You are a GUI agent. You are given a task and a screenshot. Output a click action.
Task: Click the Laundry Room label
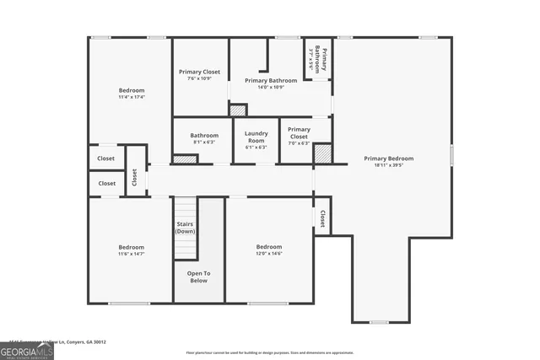coord(256,137)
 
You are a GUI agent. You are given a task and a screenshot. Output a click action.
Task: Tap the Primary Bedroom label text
coord(389,159)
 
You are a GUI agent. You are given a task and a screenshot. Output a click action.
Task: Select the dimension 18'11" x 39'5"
coord(389,165)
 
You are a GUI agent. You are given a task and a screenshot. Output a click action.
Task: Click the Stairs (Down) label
coord(186,228)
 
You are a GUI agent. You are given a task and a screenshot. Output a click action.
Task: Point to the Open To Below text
coord(198,277)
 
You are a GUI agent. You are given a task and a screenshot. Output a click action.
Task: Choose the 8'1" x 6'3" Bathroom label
coord(204,136)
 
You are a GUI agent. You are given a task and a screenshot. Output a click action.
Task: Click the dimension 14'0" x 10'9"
coord(270,88)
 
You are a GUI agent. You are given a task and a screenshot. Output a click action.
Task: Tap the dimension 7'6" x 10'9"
coord(199,79)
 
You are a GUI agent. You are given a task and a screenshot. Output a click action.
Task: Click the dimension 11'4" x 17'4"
coord(131,97)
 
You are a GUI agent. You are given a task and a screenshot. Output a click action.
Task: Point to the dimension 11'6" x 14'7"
coord(131,254)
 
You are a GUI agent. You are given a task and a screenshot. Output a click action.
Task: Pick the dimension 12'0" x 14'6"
coord(269,254)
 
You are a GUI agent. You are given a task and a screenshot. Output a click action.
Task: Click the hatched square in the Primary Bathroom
coord(238,110)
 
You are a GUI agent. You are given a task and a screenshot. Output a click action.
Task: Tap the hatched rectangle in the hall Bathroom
coord(184,159)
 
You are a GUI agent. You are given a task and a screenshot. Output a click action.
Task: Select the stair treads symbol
coord(185,248)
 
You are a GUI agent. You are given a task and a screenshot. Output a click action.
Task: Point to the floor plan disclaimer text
coord(269,352)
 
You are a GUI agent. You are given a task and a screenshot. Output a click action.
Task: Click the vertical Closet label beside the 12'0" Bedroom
coord(321,219)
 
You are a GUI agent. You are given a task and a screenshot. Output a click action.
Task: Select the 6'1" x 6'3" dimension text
coord(256,148)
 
